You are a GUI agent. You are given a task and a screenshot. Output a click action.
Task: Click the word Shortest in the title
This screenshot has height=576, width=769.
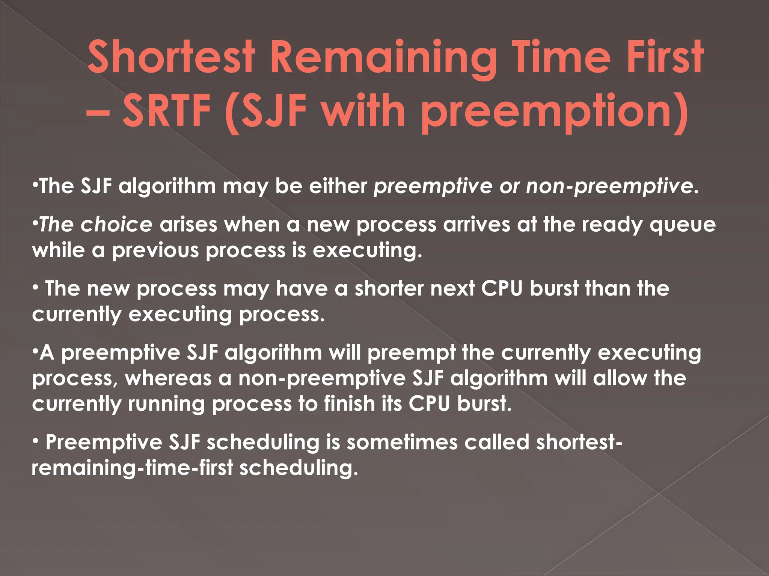pos(171,57)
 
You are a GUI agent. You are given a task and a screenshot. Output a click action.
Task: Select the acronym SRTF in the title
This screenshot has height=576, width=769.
pos(167,111)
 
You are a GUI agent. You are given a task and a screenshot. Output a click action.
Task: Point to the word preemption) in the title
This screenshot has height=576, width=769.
pos(555,112)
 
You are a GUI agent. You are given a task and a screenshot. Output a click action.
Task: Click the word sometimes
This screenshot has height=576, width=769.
pos(402,442)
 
